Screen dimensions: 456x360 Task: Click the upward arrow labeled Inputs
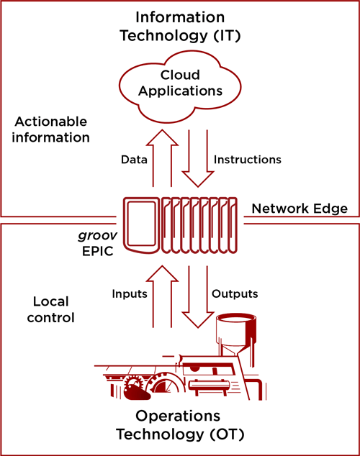pos(164,297)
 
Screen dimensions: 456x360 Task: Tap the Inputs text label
pos(129,293)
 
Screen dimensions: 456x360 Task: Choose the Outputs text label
pos(235,293)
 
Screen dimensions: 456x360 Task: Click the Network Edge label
pos(300,209)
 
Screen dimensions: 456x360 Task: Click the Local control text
pos(54,309)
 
